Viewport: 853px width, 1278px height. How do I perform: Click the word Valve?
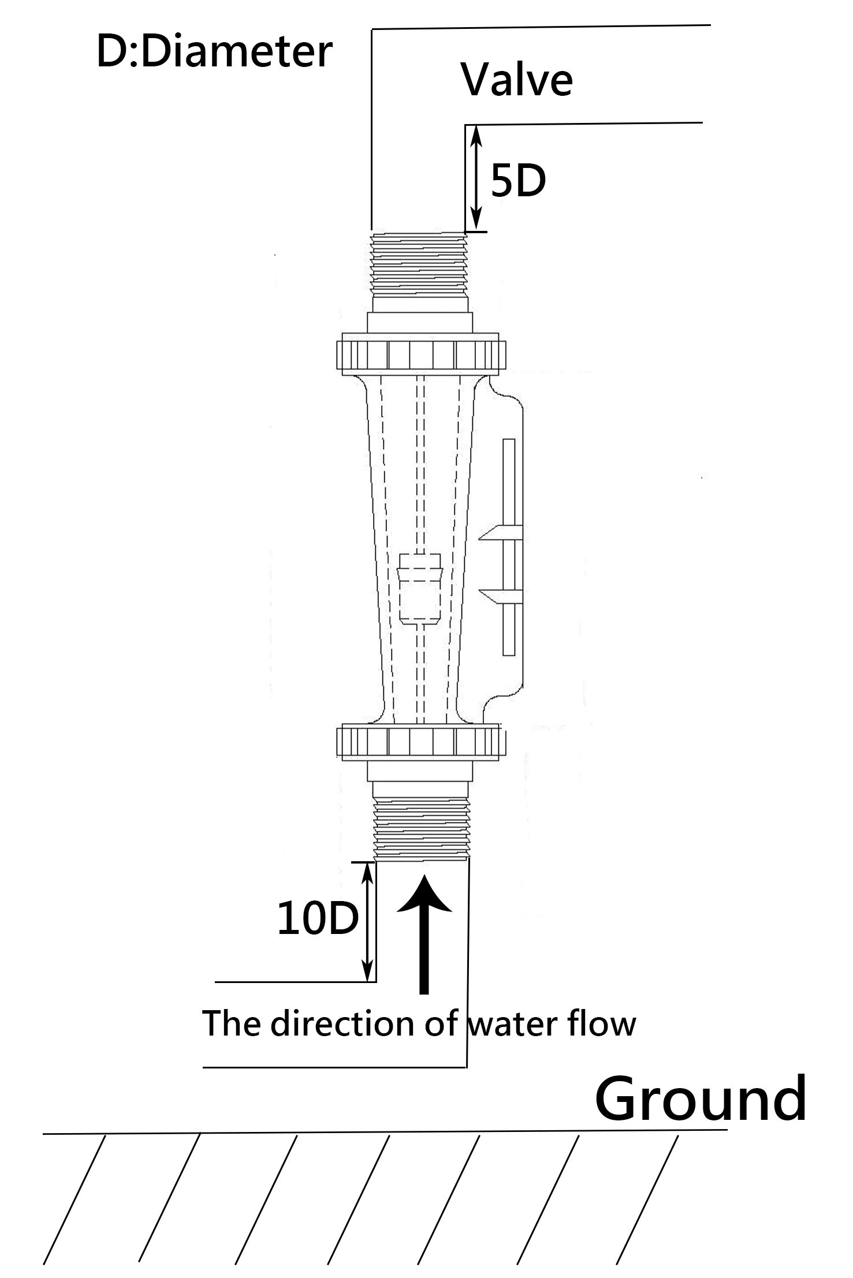tap(516, 80)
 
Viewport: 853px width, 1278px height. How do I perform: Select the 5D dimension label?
tap(518, 180)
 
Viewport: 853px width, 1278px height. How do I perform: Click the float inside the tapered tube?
tap(421, 589)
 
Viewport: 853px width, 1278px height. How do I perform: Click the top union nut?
tap(421, 353)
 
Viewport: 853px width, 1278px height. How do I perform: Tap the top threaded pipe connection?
tap(419, 263)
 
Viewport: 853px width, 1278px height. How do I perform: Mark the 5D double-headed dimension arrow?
tap(475, 178)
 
